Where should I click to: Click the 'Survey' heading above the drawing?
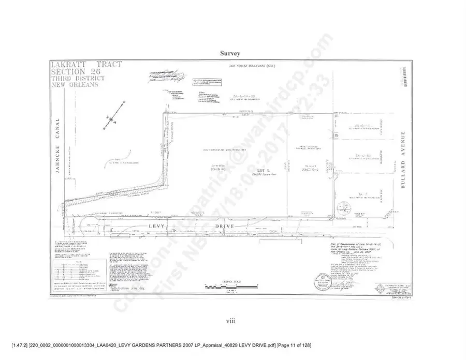(x=232, y=53)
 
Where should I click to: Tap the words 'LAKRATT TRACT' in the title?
(x=86, y=64)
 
